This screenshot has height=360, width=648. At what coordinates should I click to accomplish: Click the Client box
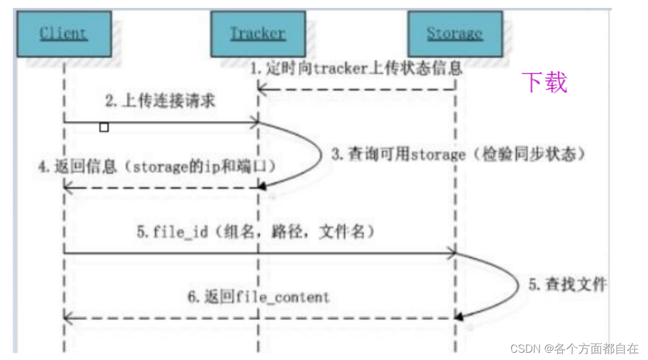(64, 33)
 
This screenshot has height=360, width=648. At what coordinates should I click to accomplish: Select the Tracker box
(257, 33)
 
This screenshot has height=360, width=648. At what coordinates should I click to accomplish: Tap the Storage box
(454, 33)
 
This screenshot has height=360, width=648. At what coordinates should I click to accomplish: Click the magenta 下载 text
(545, 82)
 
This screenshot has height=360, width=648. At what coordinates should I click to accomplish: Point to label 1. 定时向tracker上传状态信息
(357, 68)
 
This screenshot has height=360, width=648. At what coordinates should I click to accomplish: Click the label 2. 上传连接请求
(160, 101)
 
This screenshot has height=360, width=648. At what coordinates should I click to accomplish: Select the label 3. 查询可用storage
(459, 154)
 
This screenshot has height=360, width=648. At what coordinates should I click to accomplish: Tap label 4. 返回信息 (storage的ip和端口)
(157, 167)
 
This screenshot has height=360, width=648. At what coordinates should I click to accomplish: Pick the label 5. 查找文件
(567, 284)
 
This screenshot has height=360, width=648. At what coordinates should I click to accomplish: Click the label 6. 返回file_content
(258, 297)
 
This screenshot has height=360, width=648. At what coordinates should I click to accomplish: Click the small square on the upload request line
(104, 127)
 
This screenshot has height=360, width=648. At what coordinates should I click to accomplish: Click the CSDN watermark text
(574, 348)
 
